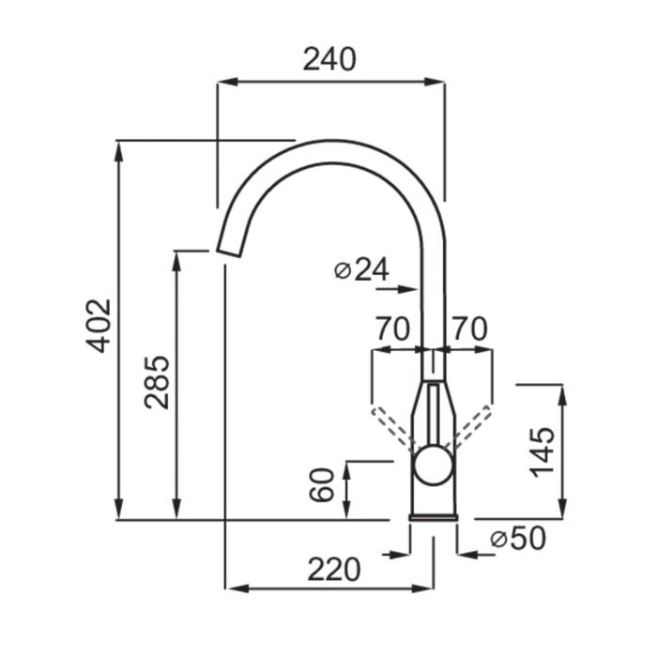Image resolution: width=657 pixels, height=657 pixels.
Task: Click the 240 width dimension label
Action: [329, 59]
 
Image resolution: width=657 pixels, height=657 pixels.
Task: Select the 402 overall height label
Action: [99, 326]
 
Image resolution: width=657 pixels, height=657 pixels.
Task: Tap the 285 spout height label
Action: [157, 382]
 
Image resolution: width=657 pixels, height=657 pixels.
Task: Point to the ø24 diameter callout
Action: [362, 269]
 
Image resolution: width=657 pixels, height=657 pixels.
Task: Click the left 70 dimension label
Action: [392, 328]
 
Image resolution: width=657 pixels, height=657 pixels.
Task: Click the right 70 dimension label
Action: [470, 328]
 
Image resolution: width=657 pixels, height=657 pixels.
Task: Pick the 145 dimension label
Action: [542, 452]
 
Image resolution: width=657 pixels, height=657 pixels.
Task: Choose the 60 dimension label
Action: [322, 485]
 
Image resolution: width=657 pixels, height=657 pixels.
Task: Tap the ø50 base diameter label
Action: [518, 538]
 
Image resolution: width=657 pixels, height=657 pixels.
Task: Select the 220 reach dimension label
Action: [334, 570]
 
